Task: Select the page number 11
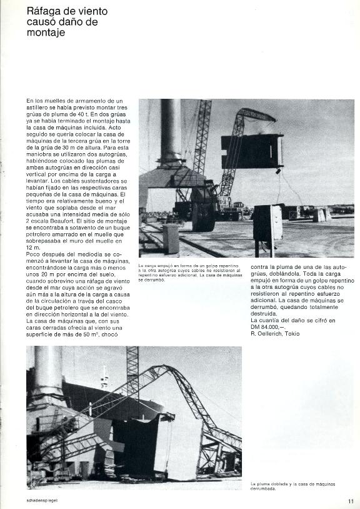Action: pos(351,500)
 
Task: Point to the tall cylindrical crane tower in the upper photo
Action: pos(171,131)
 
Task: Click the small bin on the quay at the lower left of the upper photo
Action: pos(170,239)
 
